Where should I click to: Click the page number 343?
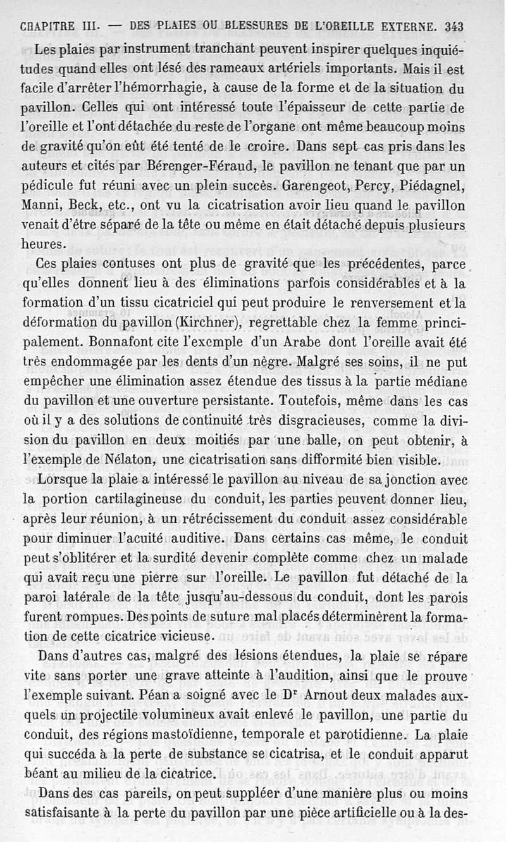[454, 27]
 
